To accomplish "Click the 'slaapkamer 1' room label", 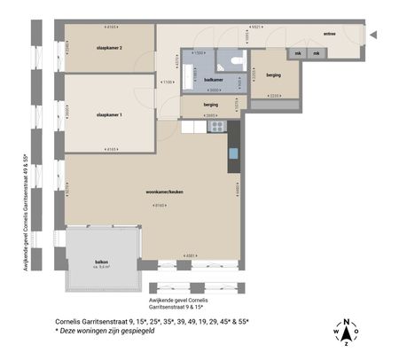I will click(x=109, y=114).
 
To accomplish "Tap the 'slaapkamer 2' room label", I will click(x=109, y=48).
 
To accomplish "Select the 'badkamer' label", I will click(x=213, y=79).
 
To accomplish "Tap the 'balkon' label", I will click(x=102, y=262).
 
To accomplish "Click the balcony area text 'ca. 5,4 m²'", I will click(x=102, y=268).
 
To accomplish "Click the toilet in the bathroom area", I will click(x=234, y=60).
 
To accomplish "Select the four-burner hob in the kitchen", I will click(x=216, y=127).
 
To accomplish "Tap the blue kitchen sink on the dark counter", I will click(x=233, y=153).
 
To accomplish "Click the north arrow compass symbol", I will click(x=347, y=332).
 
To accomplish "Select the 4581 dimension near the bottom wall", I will click(x=191, y=256).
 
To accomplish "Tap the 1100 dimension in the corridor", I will click(x=168, y=82).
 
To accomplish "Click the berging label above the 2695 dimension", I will click(x=210, y=105).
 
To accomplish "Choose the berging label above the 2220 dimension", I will click(x=273, y=75).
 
